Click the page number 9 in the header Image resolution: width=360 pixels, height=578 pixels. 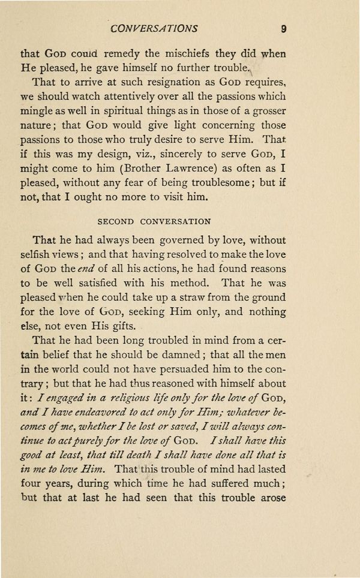[281, 28]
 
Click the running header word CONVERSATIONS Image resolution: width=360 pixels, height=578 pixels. [154, 28]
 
